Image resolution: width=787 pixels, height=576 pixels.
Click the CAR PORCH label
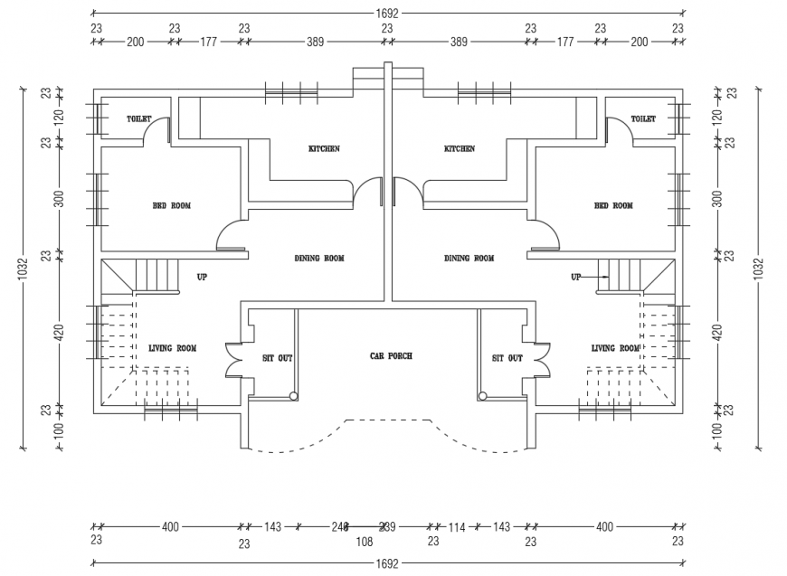pos(391,356)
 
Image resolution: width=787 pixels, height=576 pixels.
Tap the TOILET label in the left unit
pos(138,119)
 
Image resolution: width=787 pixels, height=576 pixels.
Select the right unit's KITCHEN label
pos(459,149)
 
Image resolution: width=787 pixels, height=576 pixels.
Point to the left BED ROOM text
pos(171,206)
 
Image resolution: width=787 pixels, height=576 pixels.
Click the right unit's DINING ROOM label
pos(469,259)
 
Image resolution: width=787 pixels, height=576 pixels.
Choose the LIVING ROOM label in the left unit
pos(172,348)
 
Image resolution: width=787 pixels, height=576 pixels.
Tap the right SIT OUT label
pos(507,358)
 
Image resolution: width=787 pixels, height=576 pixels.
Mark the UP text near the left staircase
pos(202,277)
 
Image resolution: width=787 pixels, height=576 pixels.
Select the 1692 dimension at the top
pos(387,14)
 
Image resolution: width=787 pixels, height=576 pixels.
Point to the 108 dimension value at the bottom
pos(364,543)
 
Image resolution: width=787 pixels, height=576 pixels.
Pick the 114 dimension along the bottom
pos(457,526)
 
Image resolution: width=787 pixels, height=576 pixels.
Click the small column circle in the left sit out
pos(293,395)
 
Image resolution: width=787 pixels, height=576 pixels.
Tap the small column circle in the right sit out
pos(483,395)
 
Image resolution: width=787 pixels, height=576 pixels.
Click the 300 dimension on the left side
pos(59,199)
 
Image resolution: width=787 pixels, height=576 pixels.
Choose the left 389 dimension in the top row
pos(316,42)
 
